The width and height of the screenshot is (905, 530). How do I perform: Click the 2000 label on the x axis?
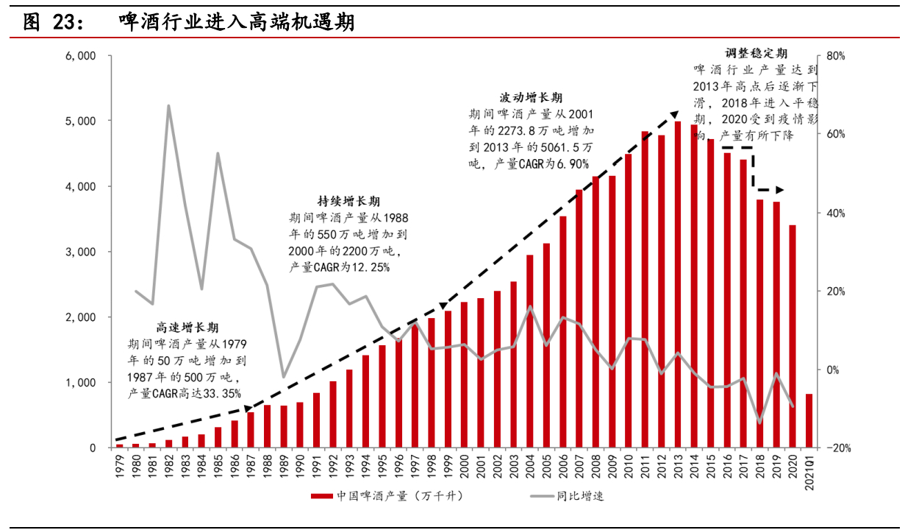pos(464,467)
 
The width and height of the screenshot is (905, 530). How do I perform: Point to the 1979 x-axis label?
pos(119,467)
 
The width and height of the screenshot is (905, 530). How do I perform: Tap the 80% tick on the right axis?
pos(837,56)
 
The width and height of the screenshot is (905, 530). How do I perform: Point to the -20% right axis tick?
pos(837,448)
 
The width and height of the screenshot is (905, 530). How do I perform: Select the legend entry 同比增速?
pos(579,495)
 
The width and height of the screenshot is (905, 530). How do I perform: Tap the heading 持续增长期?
pos(349,201)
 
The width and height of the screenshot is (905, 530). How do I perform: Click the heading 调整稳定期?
pos(756,54)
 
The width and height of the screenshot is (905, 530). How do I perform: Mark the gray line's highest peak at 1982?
pos(168,106)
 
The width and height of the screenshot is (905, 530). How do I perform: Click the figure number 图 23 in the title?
pos(51,23)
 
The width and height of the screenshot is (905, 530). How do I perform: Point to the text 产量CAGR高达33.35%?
pos(185,394)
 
